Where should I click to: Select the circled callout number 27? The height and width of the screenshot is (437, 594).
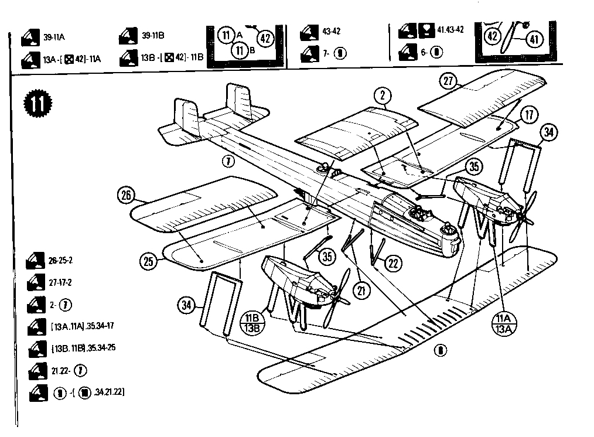[x=448, y=82]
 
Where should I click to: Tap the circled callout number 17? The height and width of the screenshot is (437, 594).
[x=528, y=115]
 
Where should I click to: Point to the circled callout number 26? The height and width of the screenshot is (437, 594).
[x=125, y=195]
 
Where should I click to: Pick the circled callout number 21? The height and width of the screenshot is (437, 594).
[x=359, y=289]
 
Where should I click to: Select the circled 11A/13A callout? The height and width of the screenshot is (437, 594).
[x=504, y=322]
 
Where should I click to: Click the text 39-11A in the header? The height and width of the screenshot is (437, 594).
[x=54, y=37]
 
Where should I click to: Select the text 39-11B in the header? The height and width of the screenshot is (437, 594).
[x=153, y=36]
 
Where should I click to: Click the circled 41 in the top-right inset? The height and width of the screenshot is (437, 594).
[x=532, y=39]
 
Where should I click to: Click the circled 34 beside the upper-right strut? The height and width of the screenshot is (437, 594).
[x=548, y=133]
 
